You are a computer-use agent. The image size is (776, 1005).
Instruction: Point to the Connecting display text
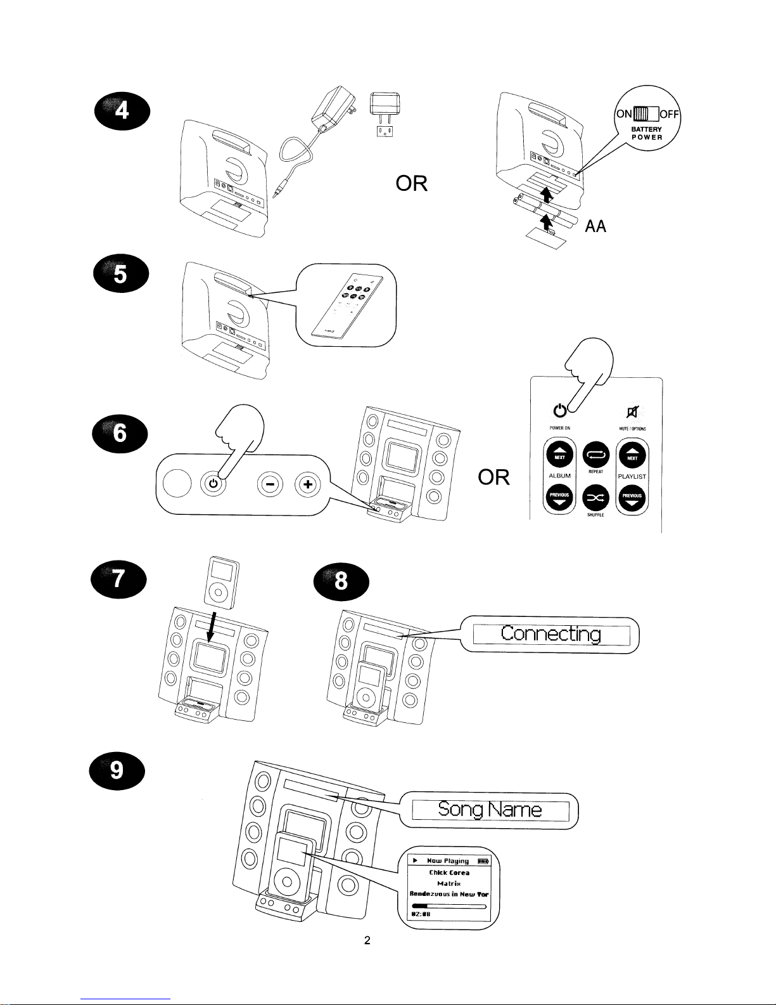pos(550,633)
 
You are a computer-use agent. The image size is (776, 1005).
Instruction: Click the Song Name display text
pos(490,810)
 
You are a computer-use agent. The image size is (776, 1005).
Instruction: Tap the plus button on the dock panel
pos(308,485)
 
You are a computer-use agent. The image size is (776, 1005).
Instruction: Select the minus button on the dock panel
pos(270,485)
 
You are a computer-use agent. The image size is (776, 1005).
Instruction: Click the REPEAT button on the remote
pos(595,455)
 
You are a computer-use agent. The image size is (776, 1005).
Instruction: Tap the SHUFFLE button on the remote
pos(595,498)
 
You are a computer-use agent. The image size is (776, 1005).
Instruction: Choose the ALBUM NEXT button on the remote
pos(560,455)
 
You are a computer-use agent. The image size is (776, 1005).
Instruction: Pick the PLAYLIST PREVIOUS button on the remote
pos(632,498)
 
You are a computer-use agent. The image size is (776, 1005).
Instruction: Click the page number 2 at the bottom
pos(367,940)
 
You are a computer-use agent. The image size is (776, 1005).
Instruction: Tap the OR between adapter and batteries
pos(411,184)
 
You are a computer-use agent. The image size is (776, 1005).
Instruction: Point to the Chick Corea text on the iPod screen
pos(448,872)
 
